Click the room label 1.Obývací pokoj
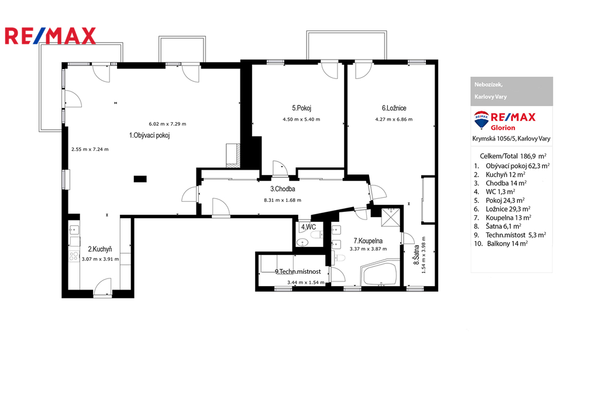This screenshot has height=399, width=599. pyautogui.click(x=149, y=135)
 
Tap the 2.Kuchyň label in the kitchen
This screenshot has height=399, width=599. pyautogui.click(x=100, y=249)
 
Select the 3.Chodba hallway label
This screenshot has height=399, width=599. pyautogui.click(x=283, y=189)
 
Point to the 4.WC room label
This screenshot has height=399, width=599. pyautogui.click(x=309, y=227)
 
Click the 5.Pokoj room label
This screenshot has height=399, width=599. pyautogui.click(x=301, y=108)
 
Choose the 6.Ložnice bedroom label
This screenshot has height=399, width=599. pyautogui.click(x=394, y=108)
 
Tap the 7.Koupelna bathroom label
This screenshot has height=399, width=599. pyautogui.click(x=368, y=241)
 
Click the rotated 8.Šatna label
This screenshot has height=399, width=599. pyautogui.click(x=416, y=255)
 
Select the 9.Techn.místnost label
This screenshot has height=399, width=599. pyautogui.click(x=298, y=271)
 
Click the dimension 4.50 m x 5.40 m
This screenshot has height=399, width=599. pyautogui.click(x=301, y=119)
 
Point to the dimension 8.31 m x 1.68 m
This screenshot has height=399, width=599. pyautogui.click(x=283, y=200)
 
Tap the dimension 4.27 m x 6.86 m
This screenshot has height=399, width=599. pyautogui.click(x=394, y=119)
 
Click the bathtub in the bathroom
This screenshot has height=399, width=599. pyautogui.click(x=380, y=274)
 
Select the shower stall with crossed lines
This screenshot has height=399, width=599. pyautogui.click(x=391, y=218)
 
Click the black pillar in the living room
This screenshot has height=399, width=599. pyautogui.click(x=140, y=178)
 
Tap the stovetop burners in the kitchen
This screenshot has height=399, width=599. pyautogui.click(x=74, y=256)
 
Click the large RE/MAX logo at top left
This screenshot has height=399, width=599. pyautogui.click(x=50, y=36)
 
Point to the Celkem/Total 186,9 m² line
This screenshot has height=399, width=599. pyautogui.click(x=513, y=156)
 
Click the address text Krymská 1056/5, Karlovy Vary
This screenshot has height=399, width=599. pyautogui.click(x=511, y=139)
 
